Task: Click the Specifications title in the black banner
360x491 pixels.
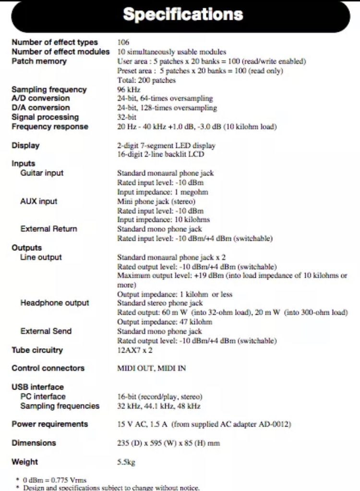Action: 183,14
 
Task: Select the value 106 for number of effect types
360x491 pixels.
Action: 123,42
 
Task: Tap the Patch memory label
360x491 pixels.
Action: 39,61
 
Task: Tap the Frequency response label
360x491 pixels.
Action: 50,127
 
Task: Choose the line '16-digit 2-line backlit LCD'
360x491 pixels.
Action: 160,154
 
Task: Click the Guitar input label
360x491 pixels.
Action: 42,173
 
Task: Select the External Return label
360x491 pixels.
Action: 48,229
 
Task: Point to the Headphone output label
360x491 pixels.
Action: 55,303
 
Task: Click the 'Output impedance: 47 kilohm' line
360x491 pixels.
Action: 165,322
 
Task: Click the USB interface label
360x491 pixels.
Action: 37,387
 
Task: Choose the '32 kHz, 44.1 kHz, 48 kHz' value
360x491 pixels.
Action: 159,406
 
